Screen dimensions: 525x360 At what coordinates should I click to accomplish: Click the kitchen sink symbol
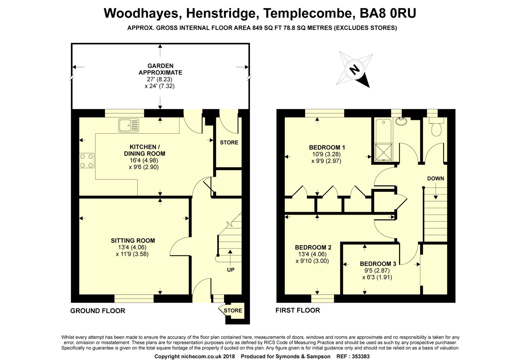tap(129, 125)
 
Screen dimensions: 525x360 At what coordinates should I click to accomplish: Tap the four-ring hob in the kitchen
tap(87, 161)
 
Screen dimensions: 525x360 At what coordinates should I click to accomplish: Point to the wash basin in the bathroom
tap(401, 121)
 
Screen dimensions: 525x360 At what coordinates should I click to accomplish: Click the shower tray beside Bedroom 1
tap(384, 152)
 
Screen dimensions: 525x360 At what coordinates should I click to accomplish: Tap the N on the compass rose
tap(354, 70)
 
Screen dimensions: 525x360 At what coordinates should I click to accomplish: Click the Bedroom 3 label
tap(378, 264)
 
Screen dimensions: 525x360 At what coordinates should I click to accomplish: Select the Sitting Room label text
tap(133, 241)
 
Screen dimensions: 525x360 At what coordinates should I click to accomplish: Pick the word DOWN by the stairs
tap(435, 178)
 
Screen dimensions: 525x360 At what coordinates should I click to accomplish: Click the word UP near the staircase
tap(231, 270)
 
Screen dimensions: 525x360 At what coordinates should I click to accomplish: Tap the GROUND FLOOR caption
tap(98, 311)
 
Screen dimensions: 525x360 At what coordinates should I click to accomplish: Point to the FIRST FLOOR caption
tap(297, 310)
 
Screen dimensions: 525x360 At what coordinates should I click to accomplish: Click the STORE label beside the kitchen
tap(229, 142)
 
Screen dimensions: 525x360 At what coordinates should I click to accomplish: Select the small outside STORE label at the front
tap(233, 310)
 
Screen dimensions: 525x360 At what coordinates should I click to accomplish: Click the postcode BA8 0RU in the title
tap(388, 13)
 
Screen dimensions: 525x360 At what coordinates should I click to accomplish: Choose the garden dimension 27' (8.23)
tap(160, 79)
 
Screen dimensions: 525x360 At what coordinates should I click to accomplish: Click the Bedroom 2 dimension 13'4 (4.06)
tap(312, 254)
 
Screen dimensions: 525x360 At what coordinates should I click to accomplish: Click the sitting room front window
tap(134, 299)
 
